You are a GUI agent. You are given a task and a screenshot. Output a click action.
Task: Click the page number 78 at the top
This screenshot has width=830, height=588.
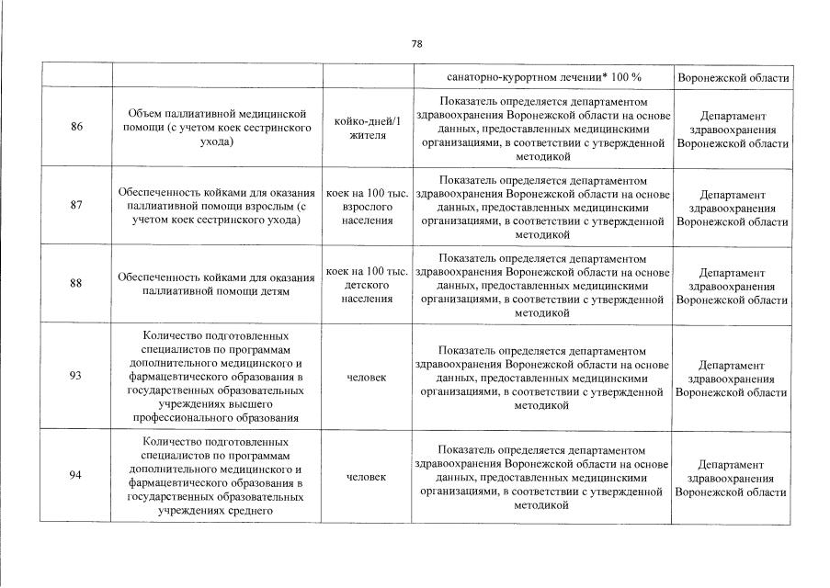(x=415, y=44)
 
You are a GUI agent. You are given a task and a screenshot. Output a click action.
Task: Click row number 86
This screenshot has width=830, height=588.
(x=76, y=128)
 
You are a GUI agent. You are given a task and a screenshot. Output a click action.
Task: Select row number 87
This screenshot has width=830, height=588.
(x=76, y=206)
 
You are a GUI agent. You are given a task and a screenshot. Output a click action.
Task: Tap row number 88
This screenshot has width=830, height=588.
(x=76, y=284)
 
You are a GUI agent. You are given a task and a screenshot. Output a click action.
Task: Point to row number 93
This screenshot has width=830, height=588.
(x=76, y=377)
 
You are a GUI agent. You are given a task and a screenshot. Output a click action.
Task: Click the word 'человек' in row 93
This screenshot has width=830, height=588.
(x=367, y=378)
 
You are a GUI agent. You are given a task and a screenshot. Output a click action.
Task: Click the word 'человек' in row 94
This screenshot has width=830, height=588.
(x=367, y=477)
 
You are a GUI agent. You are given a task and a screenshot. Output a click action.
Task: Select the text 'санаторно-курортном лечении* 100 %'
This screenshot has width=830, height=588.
(x=544, y=77)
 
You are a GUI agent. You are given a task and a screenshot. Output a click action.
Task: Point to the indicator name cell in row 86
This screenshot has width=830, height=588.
(x=216, y=128)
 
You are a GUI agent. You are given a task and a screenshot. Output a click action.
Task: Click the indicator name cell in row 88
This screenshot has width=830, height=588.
(x=216, y=284)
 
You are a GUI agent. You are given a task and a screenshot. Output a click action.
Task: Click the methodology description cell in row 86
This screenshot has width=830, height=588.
(x=542, y=128)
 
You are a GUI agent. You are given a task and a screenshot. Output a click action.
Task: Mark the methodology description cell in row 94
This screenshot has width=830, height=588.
(x=542, y=477)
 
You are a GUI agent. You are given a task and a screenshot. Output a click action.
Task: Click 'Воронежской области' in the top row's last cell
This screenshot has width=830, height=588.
(x=732, y=78)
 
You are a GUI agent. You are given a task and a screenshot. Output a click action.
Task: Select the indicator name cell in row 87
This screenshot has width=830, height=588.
(x=216, y=207)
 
